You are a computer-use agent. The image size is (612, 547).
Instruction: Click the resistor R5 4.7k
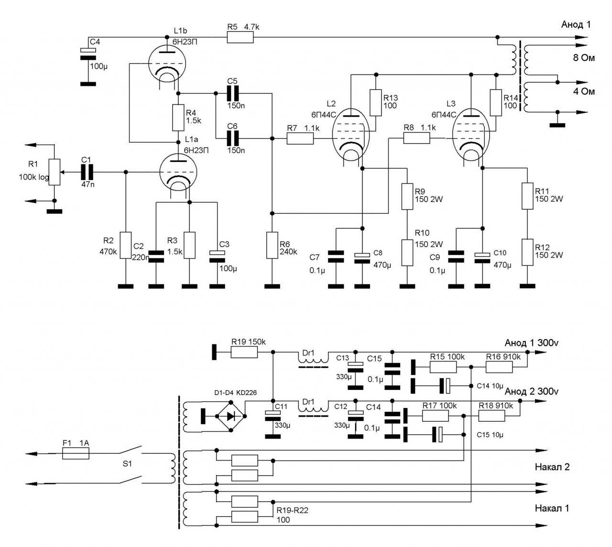tap(240, 37)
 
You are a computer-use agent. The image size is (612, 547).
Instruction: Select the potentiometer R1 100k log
tap(55, 172)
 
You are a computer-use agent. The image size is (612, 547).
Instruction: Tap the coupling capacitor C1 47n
tap(87, 172)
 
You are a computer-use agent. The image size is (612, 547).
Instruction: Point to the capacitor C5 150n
tap(232, 93)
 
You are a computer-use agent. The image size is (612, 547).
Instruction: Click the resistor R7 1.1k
tap(300, 139)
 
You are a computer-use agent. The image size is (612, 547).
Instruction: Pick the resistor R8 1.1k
tap(416, 138)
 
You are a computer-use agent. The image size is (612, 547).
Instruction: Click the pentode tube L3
tap(470, 135)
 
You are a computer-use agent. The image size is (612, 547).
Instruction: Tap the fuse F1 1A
tap(76, 453)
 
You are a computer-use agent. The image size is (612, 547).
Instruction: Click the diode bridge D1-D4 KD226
tap(231, 416)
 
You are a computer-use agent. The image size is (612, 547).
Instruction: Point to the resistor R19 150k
tap(244, 352)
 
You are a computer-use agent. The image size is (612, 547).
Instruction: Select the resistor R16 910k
tap(499, 367)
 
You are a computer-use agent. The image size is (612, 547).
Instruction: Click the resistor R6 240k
tap(272, 246)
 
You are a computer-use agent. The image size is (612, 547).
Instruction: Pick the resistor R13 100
tap(375, 103)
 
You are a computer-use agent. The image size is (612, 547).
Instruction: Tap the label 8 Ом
tap(584, 58)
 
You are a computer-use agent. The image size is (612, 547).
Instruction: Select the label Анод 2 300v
tap(531, 392)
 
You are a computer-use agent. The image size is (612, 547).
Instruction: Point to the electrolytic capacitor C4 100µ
tap(88, 54)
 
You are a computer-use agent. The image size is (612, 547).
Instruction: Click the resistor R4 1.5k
tap(178, 118)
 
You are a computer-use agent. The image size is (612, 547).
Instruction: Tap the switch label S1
tap(127, 463)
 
